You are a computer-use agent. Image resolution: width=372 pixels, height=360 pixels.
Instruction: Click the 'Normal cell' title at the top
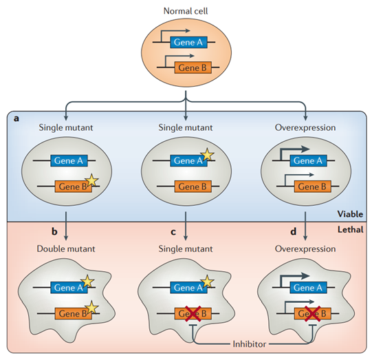click(186, 11)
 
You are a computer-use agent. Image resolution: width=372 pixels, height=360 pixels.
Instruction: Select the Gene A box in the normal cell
click(188, 42)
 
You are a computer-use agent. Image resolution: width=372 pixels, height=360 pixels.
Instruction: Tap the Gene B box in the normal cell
click(193, 67)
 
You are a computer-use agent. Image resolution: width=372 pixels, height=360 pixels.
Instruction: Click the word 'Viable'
click(350, 214)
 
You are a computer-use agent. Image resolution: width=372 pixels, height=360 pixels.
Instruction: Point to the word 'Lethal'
click(350, 229)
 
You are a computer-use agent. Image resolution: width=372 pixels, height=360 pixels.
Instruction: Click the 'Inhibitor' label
click(250, 344)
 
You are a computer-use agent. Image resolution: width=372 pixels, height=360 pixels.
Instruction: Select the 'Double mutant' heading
click(66, 248)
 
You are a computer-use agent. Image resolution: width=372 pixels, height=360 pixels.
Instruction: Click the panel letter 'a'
click(16, 118)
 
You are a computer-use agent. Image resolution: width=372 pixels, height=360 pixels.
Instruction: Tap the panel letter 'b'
click(54, 231)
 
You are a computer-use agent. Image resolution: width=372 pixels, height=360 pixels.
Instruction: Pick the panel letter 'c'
click(173, 232)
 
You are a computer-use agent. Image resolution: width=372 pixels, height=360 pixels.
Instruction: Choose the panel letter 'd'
click(293, 231)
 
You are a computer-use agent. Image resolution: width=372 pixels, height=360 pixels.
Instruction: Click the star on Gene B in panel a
click(92, 180)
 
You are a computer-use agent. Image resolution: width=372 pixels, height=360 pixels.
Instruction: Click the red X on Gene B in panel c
click(193, 313)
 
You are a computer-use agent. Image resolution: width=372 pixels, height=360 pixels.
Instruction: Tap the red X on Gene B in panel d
click(312, 313)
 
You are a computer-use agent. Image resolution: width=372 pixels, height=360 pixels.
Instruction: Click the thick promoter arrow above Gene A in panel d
click(294, 276)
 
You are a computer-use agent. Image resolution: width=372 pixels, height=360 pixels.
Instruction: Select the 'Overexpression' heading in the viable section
click(305, 127)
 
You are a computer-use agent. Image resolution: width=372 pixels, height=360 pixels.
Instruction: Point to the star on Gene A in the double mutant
click(87, 282)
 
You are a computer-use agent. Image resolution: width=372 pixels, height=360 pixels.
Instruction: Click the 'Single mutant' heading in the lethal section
click(186, 248)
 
